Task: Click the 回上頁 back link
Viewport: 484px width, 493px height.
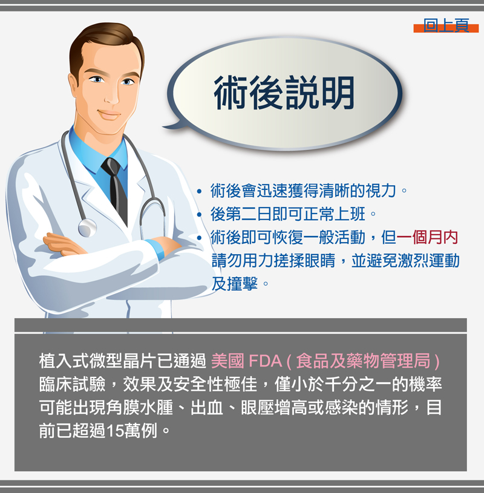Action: (446, 25)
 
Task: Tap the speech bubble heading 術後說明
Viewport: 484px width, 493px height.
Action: (284, 93)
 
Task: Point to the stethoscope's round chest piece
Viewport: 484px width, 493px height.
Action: (87, 227)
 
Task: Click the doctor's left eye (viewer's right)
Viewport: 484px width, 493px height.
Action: (127, 82)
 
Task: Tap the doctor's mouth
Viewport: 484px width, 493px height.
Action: (108, 114)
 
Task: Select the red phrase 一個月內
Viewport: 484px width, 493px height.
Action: (427, 237)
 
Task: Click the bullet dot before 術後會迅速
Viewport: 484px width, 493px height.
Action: (199, 191)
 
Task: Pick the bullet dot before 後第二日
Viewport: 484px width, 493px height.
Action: (199, 214)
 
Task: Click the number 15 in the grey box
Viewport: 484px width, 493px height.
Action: (115, 431)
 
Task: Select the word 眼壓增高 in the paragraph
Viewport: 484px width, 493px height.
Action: (273, 408)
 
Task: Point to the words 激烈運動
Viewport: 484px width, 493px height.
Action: (429, 261)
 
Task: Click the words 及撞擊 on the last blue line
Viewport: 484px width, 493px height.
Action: (235, 284)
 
